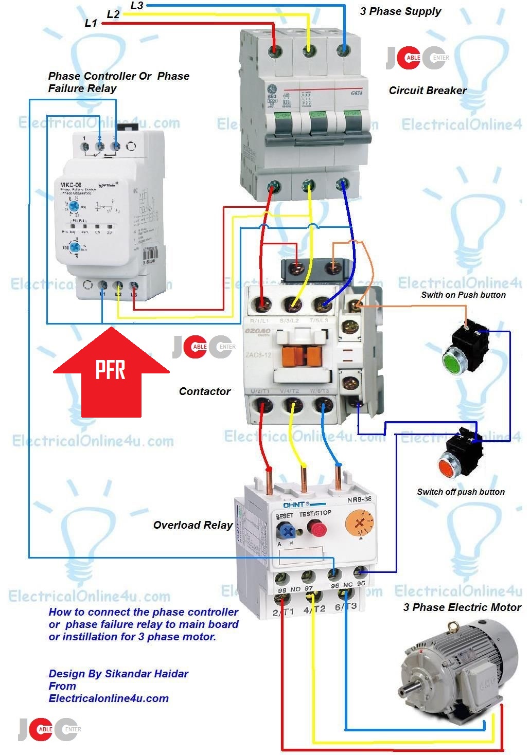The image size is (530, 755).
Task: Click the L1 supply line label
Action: pyautogui.click(x=91, y=23)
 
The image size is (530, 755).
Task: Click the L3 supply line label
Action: pyautogui.click(x=137, y=6)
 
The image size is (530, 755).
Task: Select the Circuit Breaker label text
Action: pyautogui.click(x=427, y=91)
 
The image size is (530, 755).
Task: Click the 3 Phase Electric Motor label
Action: pyautogui.click(x=462, y=607)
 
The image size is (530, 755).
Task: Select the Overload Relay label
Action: pyautogui.click(x=193, y=525)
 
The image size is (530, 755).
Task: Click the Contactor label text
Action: pyautogui.click(x=204, y=391)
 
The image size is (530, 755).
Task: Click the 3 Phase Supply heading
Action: pyautogui.click(x=400, y=11)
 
